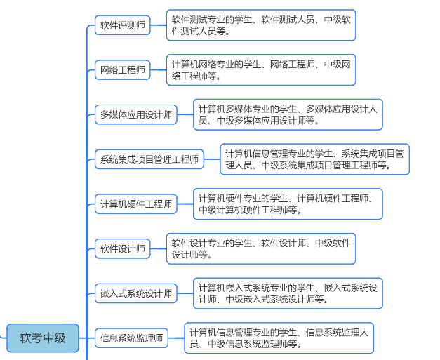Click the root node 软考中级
43,338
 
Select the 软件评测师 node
123,25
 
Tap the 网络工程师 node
123,70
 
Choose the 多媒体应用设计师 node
136,114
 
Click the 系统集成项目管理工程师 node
149,159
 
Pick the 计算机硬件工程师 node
136,204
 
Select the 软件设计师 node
123,248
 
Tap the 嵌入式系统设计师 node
136,293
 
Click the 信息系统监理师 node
131,338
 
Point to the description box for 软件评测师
261,25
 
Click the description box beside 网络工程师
261,70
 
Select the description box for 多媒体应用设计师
288,114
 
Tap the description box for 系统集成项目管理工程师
314,159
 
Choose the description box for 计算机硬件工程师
288,204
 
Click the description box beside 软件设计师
261,248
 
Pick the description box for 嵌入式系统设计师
288,293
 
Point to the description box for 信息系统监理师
279,338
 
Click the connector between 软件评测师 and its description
158,25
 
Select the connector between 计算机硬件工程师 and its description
185,204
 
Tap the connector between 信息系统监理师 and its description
176,338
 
